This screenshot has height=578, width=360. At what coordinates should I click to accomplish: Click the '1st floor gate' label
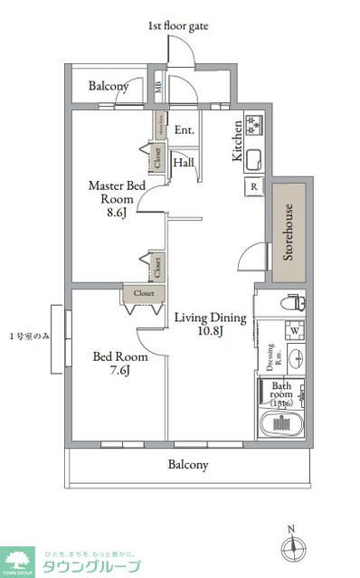[177, 26]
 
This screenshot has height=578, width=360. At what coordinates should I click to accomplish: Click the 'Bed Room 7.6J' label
[113, 363]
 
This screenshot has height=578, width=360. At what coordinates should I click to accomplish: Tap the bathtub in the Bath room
[283, 424]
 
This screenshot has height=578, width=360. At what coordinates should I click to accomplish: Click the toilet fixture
[291, 303]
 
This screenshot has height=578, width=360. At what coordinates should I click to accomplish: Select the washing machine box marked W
[293, 328]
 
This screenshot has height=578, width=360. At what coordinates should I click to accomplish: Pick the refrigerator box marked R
[253, 188]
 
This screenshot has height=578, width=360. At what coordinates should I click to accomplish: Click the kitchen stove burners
[252, 122]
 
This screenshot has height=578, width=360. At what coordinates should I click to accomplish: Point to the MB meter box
[158, 88]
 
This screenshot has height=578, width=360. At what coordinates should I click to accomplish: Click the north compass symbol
[290, 547]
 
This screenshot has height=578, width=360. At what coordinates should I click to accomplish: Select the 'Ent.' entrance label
[184, 130]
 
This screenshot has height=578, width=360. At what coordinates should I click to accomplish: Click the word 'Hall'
[183, 163]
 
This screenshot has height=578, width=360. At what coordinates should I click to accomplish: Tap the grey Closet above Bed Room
[144, 293]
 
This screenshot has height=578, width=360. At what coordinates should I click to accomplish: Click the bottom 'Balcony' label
[188, 465]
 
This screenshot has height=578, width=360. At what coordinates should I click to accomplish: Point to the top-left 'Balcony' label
[108, 87]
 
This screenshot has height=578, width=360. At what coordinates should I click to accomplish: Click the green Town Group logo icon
[18, 561]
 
